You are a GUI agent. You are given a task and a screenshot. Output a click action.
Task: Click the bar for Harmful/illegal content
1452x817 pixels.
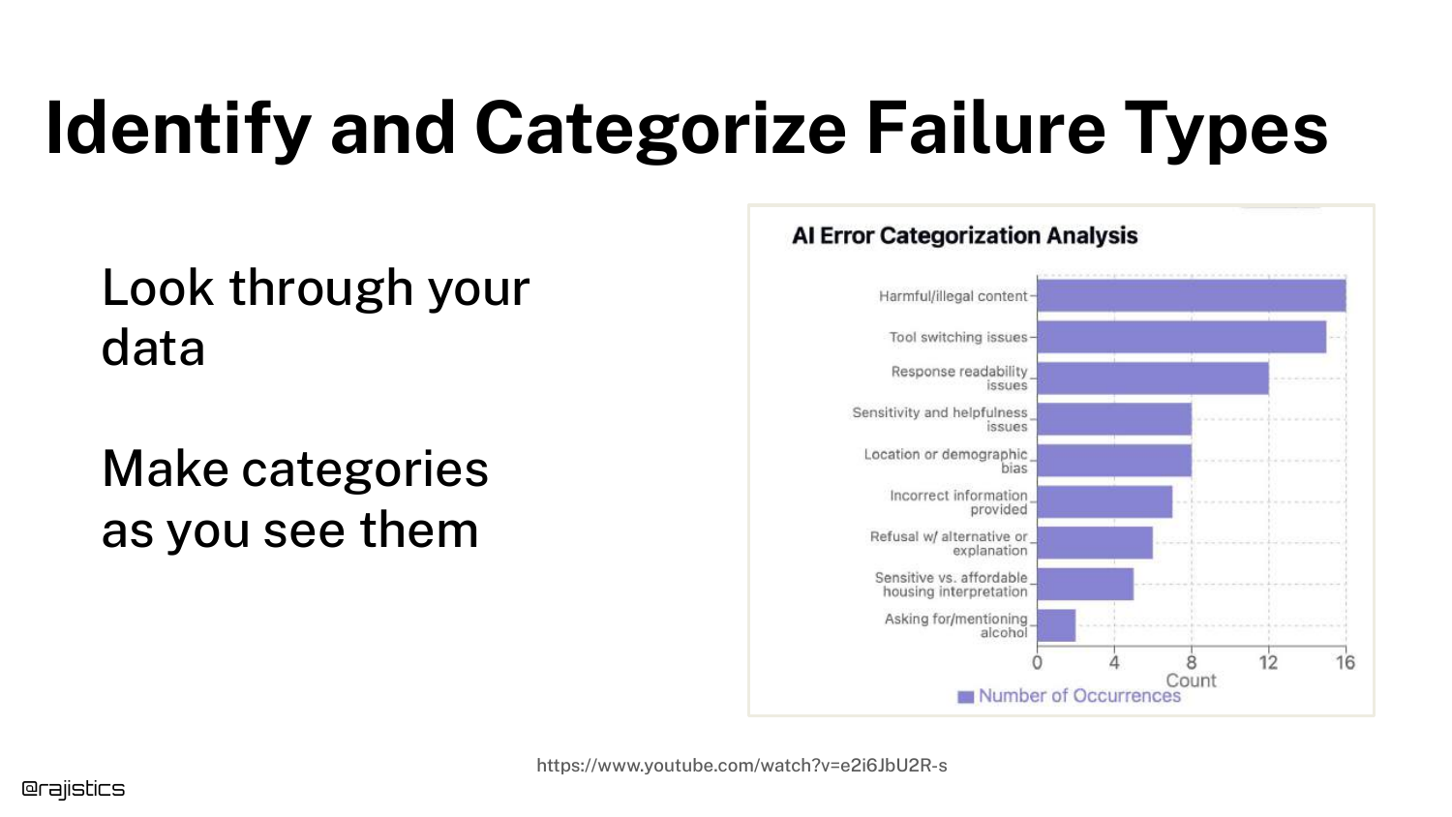(1192, 295)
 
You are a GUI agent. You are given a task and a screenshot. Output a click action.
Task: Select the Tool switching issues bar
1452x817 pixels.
(1182, 337)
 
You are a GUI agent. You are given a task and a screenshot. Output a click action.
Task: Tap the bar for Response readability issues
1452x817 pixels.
(1153, 378)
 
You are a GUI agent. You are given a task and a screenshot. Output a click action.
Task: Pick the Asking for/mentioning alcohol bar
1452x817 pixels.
(1057, 625)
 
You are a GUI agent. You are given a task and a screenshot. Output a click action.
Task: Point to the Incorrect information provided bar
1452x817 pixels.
(1104, 501)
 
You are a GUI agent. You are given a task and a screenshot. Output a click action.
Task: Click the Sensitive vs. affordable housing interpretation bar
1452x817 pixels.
(1086, 585)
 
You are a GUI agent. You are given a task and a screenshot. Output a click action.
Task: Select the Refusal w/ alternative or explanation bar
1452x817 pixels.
(1096, 543)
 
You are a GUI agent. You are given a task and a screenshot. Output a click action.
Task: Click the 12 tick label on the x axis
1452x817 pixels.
(1268, 663)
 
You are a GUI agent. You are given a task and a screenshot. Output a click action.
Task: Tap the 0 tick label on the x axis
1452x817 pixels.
(1037, 663)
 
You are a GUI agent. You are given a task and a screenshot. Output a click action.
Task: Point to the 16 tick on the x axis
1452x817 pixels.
(1346, 663)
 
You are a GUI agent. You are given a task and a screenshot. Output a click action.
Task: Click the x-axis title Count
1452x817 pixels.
(1192, 681)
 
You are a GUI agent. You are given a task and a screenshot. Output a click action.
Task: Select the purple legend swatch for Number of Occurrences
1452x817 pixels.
(966, 697)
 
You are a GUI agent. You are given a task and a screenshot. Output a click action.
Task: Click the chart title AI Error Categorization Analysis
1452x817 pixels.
(964, 235)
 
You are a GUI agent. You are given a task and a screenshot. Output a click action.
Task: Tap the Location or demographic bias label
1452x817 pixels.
(946, 461)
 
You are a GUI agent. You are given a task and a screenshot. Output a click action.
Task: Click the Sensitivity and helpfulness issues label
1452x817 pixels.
(940, 419)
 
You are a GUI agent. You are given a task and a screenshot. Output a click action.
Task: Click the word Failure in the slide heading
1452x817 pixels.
(985, 129)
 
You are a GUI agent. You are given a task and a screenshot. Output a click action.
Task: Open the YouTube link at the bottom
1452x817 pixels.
(741, 766)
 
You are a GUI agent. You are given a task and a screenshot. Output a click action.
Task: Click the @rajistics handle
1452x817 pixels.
(74, 789)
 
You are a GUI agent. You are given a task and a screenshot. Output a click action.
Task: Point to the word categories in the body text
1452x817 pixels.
(365, 470)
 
